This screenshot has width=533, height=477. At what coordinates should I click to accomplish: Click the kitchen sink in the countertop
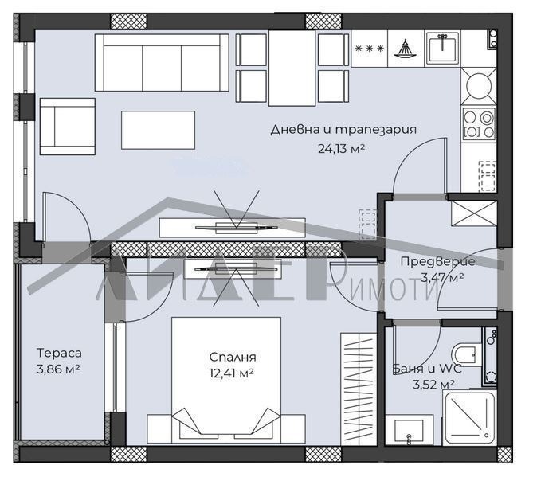pyautogui.click(x=440, y=49)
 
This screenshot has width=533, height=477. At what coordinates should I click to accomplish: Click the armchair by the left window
pyautogui.click(x=68, y=126)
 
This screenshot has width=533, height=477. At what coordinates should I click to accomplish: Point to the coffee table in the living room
pyautogui.click(x=158, y=129)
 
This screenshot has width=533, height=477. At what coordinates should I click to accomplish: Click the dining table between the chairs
pyautogui.click(x=292, y=68)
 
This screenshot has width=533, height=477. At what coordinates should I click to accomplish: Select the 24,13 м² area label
pyautogui.click(x=341, y=147)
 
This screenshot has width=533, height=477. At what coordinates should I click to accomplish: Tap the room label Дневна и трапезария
pyautogui.click(x=343, y=130)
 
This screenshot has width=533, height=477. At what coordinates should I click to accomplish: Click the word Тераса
pyautogui.click(x=59, y=353)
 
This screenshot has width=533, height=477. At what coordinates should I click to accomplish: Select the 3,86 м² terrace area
pyautogui.click(x=59, y=369)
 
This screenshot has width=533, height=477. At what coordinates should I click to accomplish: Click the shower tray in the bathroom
pyautogui.click(x=471, y=415)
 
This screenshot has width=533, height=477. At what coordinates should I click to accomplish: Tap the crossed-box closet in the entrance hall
pyautogui.click(x=473, y=214)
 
